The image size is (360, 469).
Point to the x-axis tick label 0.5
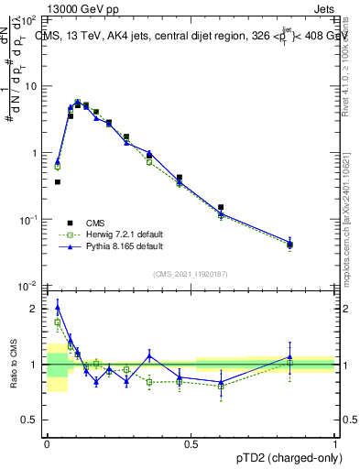tap(191, 442)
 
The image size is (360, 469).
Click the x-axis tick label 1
tap(334, 442)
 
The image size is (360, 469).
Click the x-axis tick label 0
tap(47, 442)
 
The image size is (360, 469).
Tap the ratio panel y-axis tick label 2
tap(36, 310)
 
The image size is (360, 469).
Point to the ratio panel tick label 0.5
tap(31, 420)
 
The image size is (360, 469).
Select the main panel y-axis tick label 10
tap(30, 86)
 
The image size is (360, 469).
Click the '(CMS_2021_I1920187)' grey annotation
tap(191, 274)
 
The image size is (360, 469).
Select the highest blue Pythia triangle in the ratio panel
tap(58, 309)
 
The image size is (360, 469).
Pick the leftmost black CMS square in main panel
tap(58, 181)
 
